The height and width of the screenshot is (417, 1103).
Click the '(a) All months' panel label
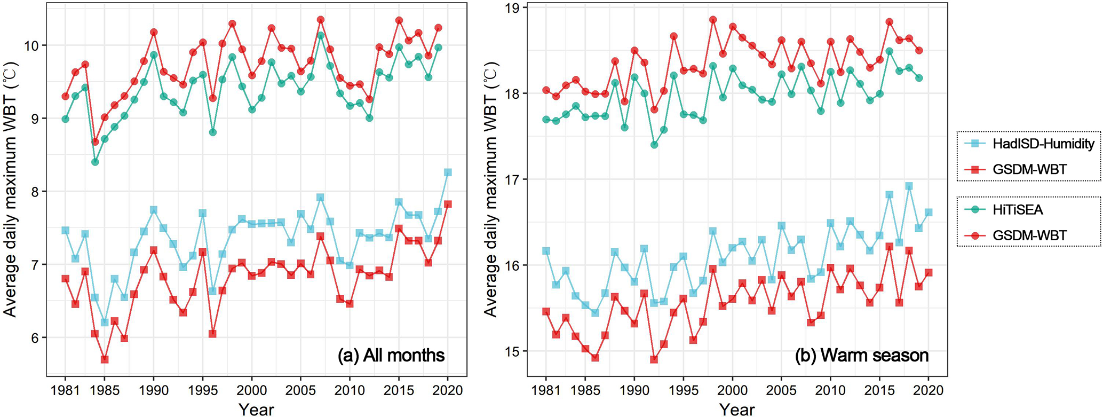click(x=391, y=355)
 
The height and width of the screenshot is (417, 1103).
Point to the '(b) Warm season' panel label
click(x=862, y=355)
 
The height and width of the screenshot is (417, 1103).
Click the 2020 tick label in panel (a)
click(x=448, y=390)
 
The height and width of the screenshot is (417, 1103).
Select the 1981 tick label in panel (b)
click(x=546, y=390)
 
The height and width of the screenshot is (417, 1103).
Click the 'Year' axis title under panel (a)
click(x=256, y=409)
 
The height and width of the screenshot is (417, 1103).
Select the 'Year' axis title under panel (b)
click(x=737, y=409)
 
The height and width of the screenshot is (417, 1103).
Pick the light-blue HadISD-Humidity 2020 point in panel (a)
click(x=448, y=172)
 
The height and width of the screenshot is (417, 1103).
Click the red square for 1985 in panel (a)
click(x=105, y=359)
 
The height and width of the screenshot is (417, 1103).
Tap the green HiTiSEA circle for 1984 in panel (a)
click(x=95, y=162)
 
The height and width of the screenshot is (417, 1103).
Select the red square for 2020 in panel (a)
click(x=448, y=204)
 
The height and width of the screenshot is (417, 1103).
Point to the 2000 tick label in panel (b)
click(x=732, y=390)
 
